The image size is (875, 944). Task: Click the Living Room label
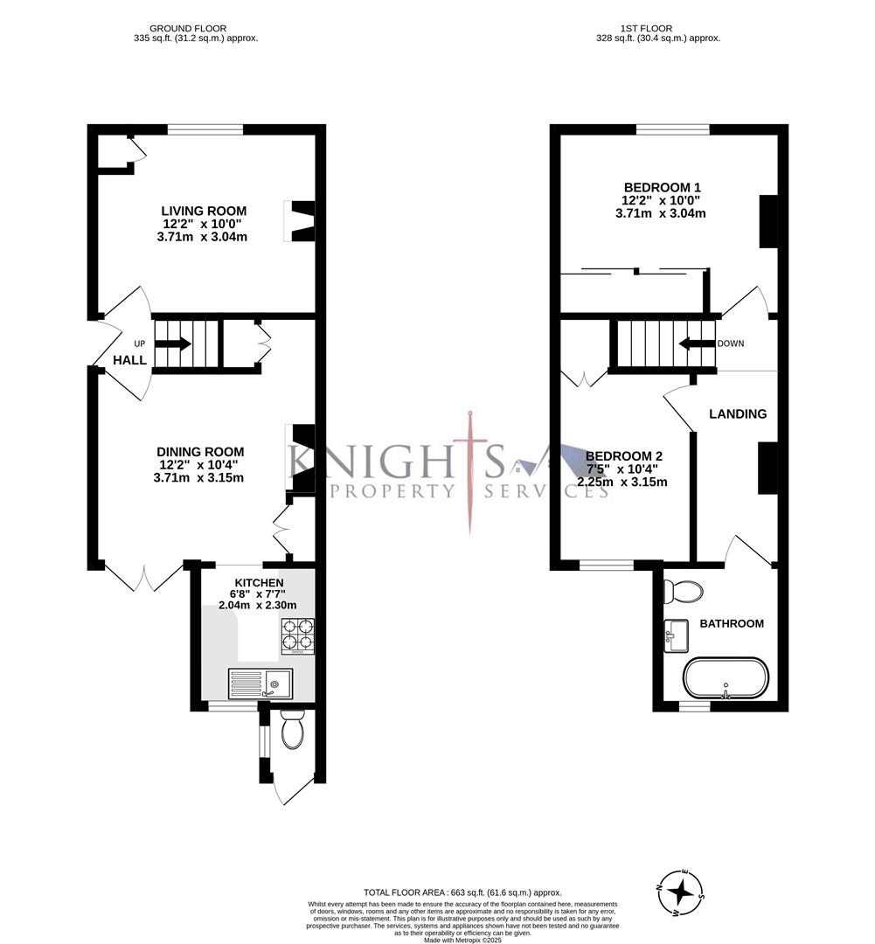click(204, 211)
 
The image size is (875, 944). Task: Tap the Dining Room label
click(200, 452)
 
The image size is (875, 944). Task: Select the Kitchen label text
click(258, 583)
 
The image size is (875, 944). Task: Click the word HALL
click(130, 359)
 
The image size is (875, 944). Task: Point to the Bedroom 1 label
click(662, 187)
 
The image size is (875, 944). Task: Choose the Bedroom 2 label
click(623, 456)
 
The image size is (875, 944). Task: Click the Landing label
click(737, 413)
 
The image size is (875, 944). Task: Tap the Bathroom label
click(732, 623)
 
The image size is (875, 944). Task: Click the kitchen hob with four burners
click(297, 635)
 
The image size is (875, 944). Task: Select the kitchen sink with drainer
click(260, 684)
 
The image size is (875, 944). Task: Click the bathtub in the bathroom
click(726, 679)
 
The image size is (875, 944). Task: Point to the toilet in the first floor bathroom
click(682, 592)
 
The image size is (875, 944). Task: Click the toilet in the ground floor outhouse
click(292, 729)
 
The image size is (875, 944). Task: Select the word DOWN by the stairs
click(730, 344)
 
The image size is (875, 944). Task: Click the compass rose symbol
click(681, 892)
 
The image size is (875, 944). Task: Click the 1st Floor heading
click(657, 28)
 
